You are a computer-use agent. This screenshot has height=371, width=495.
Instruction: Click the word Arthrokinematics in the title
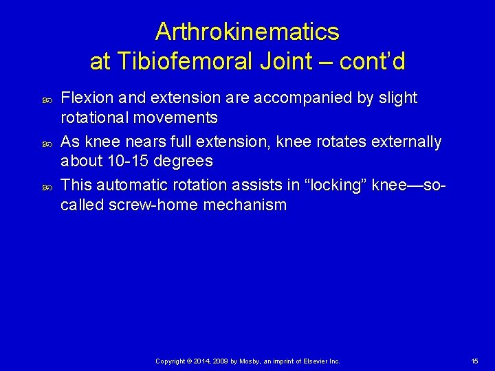point(247,32)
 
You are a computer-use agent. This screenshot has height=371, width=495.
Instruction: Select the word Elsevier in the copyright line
point(312,361)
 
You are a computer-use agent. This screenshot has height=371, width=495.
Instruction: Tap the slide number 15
point(474,361)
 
